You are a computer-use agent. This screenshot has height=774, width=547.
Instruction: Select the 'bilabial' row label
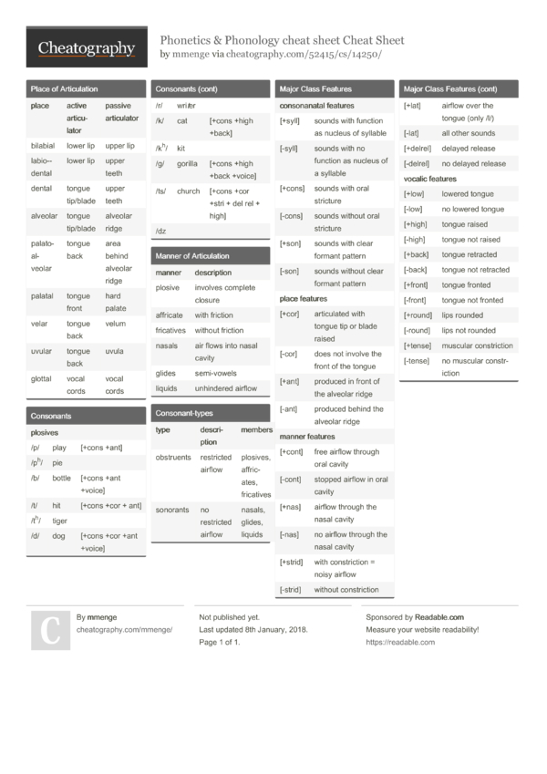42,146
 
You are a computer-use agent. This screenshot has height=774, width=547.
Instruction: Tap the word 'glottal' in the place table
41,378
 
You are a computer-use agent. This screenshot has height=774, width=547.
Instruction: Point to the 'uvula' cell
114,351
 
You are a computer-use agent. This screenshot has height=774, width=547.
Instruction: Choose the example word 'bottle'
61,478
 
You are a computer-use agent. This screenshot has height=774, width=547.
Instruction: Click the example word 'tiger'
59,521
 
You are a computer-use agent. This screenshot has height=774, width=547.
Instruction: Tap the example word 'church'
189,191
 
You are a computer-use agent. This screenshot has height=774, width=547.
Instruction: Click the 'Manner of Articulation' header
192,256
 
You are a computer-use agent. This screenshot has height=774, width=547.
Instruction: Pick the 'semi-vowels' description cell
216,374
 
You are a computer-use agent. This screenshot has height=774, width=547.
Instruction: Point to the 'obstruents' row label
173,457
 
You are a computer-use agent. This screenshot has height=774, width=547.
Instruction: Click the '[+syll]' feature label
290,120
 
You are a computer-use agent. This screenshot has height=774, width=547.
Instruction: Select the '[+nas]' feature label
290,507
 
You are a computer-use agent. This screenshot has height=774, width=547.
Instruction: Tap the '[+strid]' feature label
291,562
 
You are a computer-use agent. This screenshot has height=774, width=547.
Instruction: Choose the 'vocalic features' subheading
429,179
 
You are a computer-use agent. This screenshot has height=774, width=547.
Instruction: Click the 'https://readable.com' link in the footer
400,642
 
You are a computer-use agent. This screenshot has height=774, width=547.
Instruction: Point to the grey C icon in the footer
51,630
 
